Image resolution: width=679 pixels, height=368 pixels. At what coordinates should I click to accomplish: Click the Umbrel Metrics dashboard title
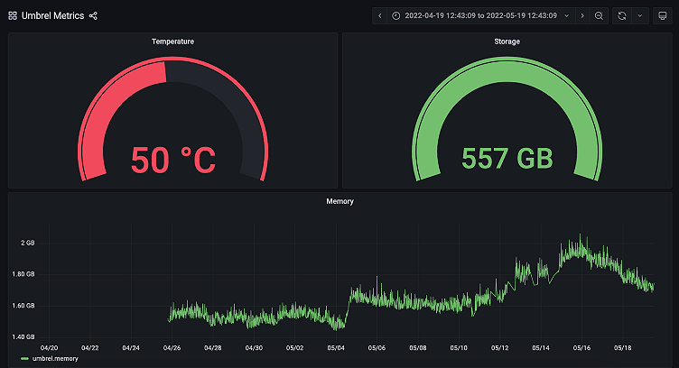53,16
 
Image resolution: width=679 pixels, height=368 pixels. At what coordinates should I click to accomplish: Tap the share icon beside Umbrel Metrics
94,16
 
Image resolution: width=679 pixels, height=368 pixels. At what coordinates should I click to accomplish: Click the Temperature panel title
172,41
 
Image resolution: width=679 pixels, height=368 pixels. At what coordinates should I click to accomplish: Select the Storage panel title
507,41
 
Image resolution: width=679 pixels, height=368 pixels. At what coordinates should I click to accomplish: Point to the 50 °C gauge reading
173,160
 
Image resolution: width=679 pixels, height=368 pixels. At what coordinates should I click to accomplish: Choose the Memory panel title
339,201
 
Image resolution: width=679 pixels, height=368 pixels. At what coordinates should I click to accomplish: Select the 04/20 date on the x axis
50,347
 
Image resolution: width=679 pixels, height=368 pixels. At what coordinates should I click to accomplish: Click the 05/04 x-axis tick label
336,347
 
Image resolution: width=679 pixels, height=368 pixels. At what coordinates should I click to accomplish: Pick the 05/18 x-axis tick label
622,347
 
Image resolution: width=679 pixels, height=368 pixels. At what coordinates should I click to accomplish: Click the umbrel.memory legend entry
54,359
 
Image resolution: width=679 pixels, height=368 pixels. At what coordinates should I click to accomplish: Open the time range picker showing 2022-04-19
479,16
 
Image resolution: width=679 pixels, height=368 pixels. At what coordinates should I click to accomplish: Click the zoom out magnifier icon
600,16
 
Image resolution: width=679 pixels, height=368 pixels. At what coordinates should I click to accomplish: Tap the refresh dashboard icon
622,16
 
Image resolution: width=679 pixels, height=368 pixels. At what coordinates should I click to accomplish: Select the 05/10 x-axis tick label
459,347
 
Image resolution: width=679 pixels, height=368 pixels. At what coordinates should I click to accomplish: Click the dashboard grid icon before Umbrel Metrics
13,16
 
